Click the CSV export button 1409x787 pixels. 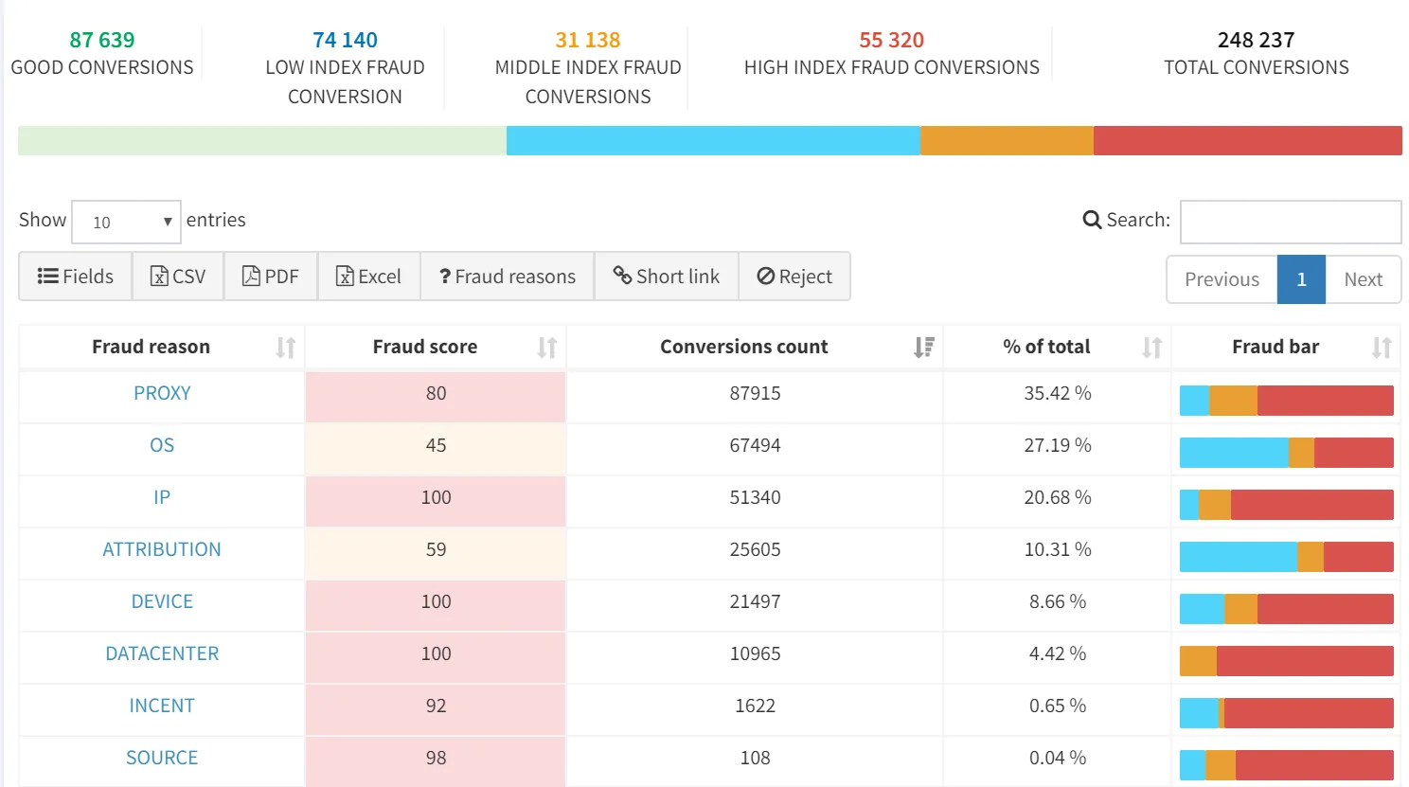tap(178, 277)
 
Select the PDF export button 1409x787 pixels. tap(271, 277)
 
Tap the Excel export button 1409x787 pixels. tap(368, 277)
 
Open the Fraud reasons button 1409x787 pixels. tap(507, 277)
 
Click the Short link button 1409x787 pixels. tap(666, 277)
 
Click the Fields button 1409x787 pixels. tap(76, 277)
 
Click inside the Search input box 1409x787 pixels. tap(1290, 222)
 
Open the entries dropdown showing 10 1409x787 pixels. tap(126, 223)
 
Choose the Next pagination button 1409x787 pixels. tap(1363, 279)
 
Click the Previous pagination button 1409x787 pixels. tap(1222, 279)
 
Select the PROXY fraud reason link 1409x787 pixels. tap(162, 393)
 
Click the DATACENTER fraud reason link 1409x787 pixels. tap(162, 653)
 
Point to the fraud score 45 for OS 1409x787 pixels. tap(436, 445)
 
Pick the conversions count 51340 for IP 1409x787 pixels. tap(755, 497)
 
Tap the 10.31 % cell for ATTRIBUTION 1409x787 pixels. tap(1057, 549)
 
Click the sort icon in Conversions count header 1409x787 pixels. tap(923, 348)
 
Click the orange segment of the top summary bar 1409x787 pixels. tap(1006, 140)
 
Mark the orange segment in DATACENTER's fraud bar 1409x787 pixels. tap(1198, 661)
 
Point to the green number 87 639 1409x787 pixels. tap(102, 40)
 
